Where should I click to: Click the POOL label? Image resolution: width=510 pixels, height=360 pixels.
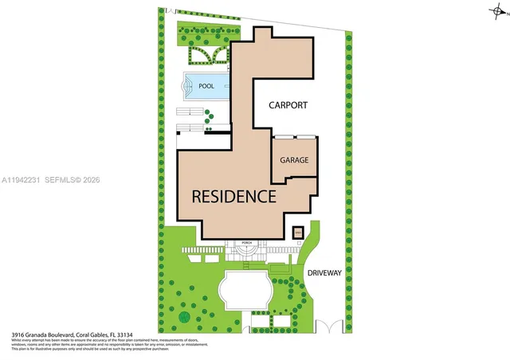pyautogui.click(x=206, y=85)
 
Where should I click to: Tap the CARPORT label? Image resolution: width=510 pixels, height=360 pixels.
pyautogui.click(x=288, y=105)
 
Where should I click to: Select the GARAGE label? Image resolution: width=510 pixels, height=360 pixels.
pyautogui.click(x=294, y=160)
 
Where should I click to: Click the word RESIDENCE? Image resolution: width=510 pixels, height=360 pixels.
pyautogui.click(x=233, y=196)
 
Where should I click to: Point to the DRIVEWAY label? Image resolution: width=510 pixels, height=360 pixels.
pyautogui.click(x=324, y=272)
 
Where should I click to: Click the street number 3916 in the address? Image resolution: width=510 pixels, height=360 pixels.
pyautogui.click(x=18, y=335)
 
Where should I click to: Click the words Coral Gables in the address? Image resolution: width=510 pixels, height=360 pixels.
pyautogui.click(x=88, y=335)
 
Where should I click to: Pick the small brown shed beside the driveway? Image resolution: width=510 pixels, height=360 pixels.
pyautogui.click(x=298, y=233)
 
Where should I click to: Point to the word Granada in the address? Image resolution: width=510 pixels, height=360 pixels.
pyautogui.click(x=36, y=335)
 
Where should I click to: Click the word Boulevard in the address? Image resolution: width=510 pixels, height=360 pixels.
pyautogui.click(x=61, y=335)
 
